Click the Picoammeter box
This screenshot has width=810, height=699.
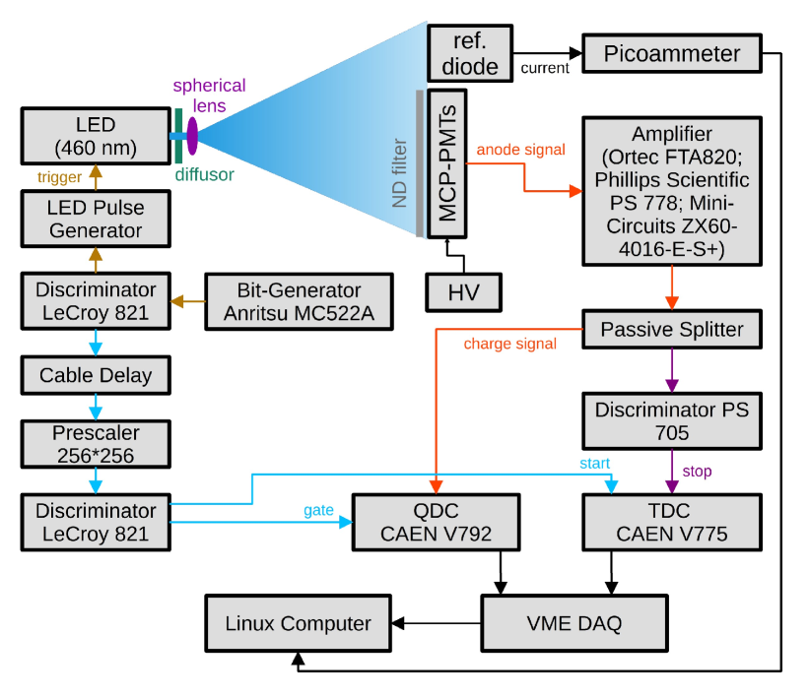[672, 53]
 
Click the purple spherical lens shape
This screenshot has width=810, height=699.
[191, 135]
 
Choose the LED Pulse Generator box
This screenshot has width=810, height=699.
[96, 219]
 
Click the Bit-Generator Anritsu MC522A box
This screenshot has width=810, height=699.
[299, 301]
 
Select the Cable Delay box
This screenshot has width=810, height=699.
[96, 375]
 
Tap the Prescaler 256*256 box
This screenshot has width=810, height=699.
[96, 443]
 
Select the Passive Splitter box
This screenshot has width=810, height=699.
[672, 329]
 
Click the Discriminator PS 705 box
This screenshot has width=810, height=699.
[672, 419]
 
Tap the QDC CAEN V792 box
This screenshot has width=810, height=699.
[436, 523]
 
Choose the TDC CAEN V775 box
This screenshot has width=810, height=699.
[672, 523]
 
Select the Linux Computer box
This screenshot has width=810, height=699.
[298, 622]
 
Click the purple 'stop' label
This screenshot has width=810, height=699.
[697, 472]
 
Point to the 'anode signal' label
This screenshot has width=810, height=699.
[521, 150]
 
